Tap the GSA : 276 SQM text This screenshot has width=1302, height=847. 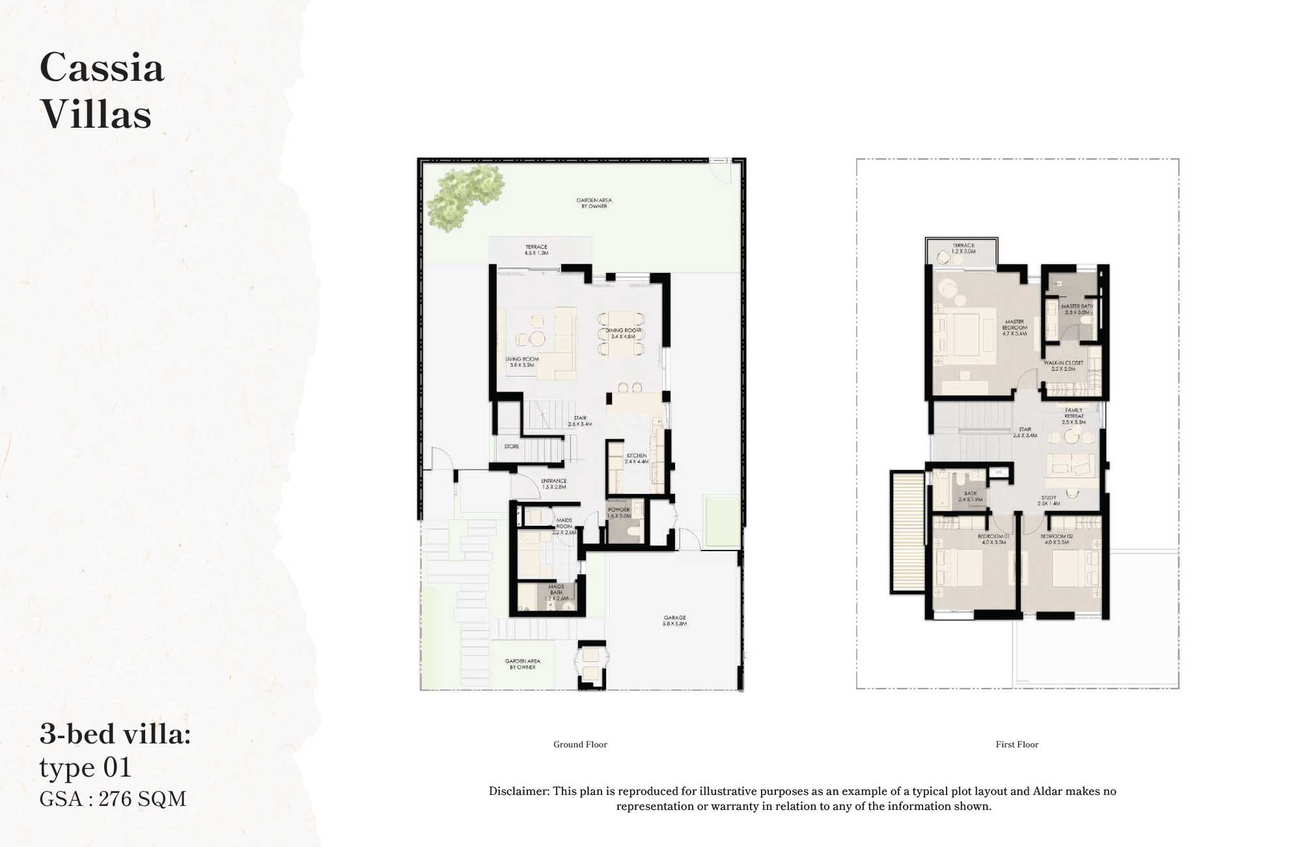[113, 799]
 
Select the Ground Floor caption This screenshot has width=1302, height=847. [580, 744]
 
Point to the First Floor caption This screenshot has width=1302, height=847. [1017, 744]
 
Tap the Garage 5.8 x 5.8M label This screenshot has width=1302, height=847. [675, 620]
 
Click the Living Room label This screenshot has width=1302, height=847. [522, 362]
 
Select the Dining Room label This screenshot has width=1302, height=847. [623, 334]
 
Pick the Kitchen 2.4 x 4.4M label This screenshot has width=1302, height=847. [637, 459]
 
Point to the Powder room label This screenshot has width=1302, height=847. [619, 513]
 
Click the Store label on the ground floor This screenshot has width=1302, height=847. [512, 446]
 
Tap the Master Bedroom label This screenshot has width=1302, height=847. [1014, 327]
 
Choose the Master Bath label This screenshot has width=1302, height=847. [1077, 309]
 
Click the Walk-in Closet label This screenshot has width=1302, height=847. [1063, 366]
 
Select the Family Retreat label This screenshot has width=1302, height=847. [1074, 416]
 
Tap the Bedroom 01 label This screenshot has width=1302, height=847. [993, 539]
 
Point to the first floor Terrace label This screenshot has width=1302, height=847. [963, 248]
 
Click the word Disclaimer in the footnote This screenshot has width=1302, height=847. [519, 792]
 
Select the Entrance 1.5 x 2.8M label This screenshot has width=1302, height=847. [554, 483]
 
